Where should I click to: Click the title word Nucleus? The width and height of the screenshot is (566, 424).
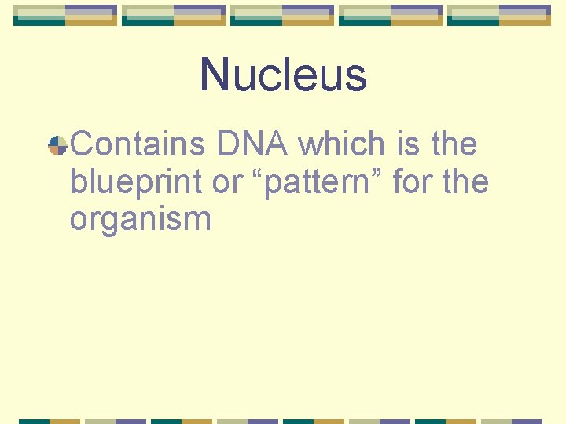pos(283,75)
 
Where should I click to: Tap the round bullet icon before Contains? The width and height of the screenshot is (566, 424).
pos(57,145)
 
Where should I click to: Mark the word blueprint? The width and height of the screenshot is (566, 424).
pos(137,183)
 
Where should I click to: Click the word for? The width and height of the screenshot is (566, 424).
pos(412,182)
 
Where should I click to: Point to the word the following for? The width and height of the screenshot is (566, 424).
pos(465,182)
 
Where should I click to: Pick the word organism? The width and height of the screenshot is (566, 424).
pos(140,220)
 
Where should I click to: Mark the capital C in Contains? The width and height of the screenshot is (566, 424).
pos(83,144)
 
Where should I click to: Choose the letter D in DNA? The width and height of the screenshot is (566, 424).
pos(226,144)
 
